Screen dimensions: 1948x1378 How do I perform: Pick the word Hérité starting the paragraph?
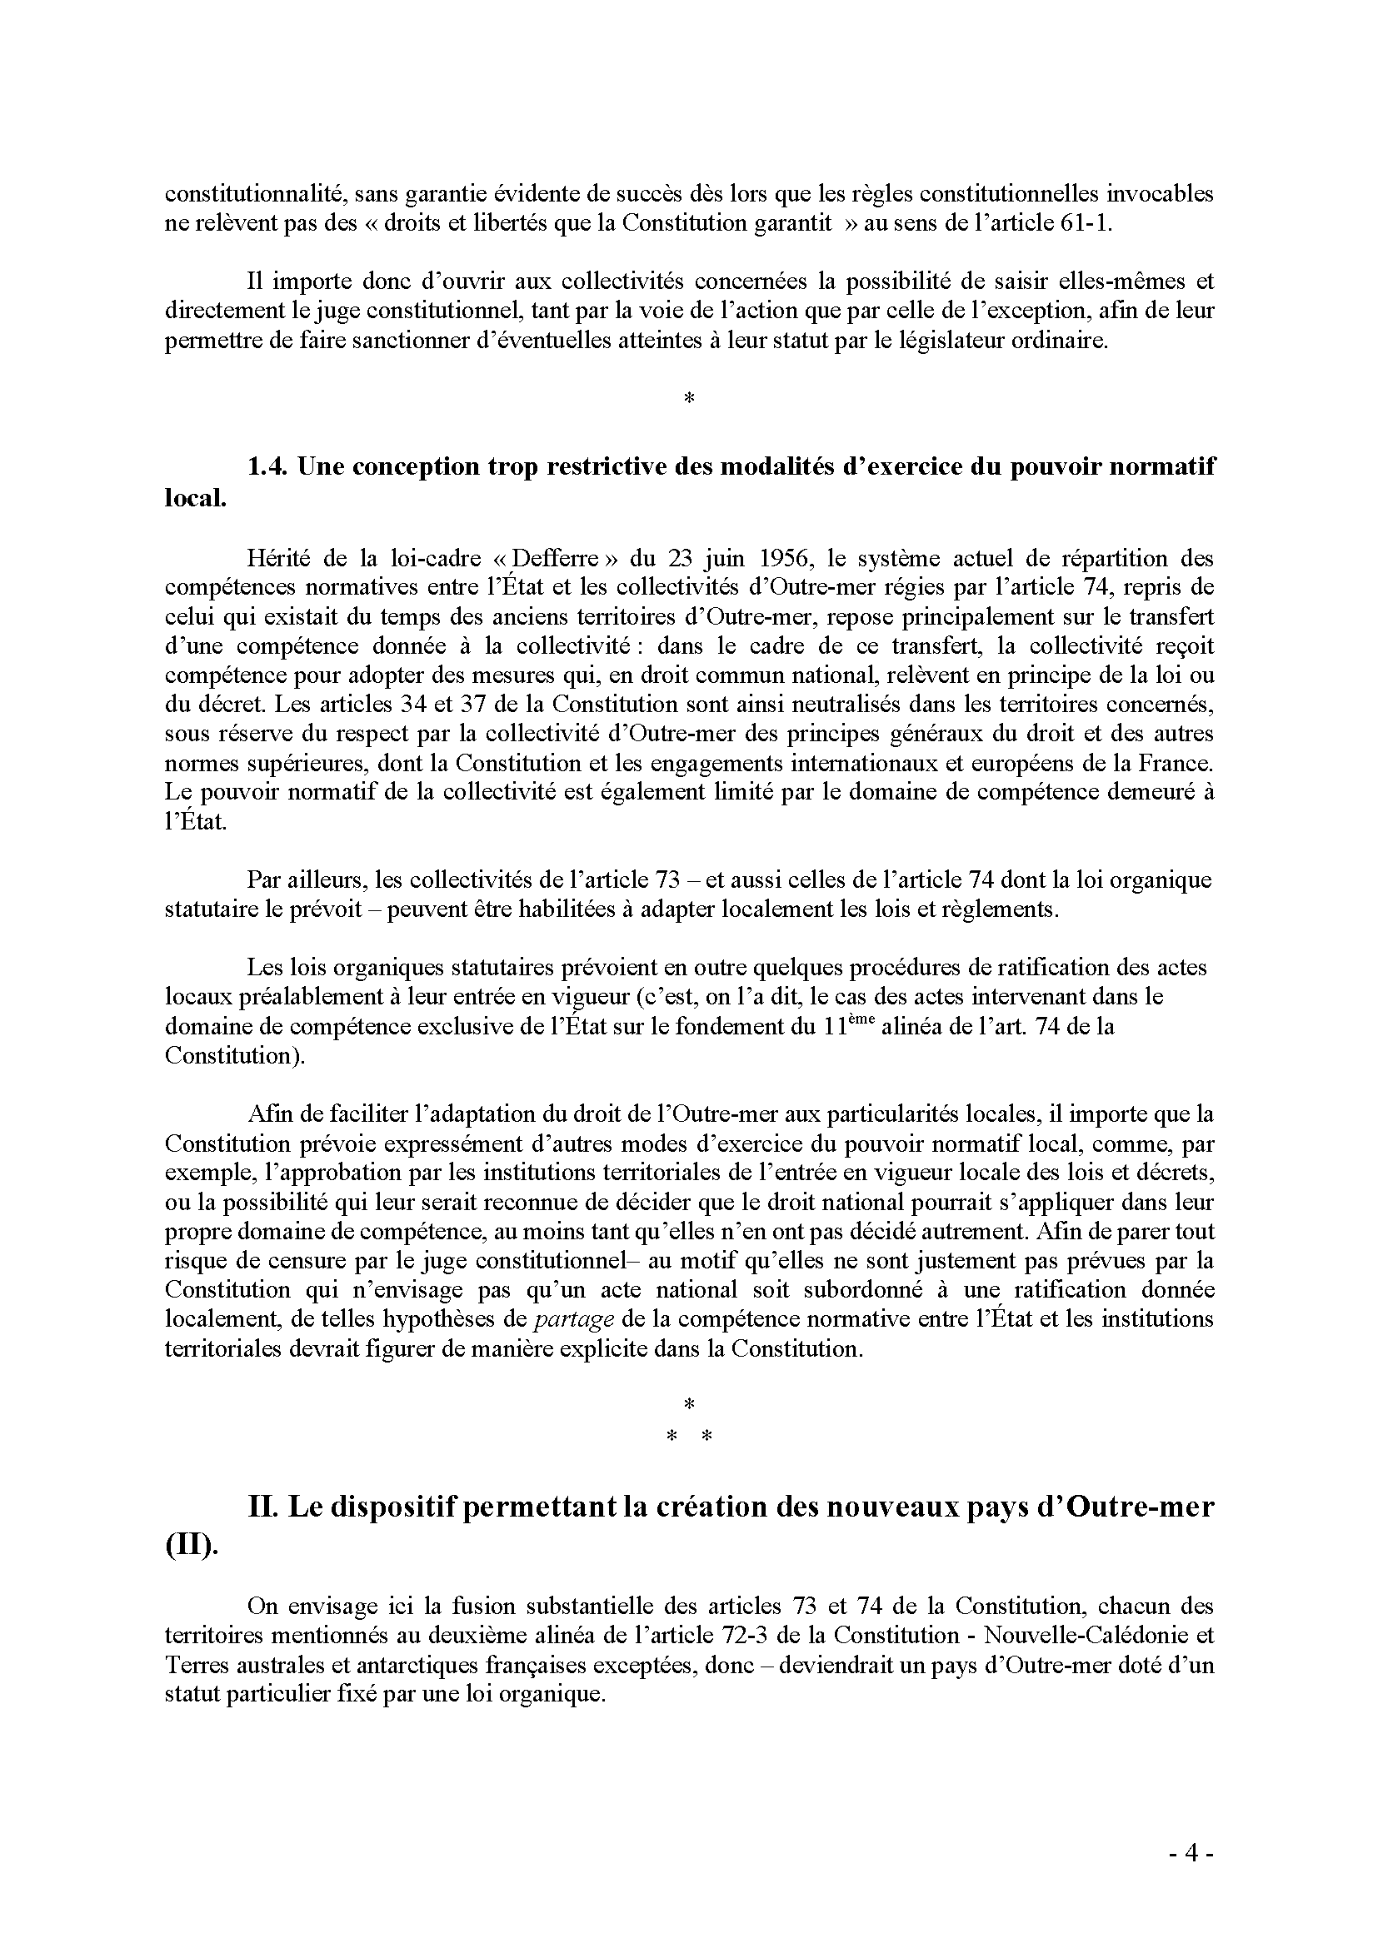(277, 559)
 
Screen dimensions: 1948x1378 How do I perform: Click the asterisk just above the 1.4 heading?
(688, 397)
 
